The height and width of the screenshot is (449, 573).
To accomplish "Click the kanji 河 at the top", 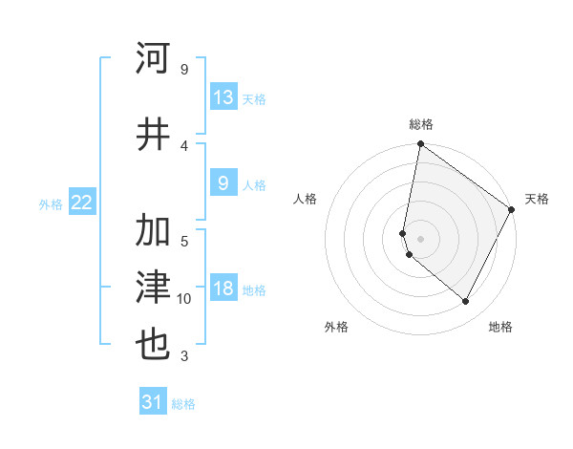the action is pos(154,58).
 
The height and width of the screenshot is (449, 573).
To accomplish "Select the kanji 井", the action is pos(154,134).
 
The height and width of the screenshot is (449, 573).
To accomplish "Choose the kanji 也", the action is pos(154,344).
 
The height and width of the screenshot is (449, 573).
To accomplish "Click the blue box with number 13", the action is pos(223,97).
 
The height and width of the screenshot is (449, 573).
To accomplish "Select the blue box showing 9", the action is pos(223,184).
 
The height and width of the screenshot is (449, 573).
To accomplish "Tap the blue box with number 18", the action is pos(223,289).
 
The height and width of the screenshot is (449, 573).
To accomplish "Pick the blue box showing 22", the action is pos(82,203).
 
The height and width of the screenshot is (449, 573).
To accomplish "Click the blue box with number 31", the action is pos(153,403).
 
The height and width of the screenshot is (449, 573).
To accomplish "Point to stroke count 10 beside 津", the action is pos(184,299).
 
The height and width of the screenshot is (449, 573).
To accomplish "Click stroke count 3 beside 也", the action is pos(184,356).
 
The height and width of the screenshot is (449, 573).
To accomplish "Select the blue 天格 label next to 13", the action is pos(254,99).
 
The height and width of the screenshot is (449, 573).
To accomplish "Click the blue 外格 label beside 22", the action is pos(51,203).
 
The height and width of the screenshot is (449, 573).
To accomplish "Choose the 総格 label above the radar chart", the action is pos(421,124).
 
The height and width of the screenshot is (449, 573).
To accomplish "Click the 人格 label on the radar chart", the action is pos(306,199).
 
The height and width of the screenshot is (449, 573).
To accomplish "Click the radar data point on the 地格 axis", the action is pos(466,302).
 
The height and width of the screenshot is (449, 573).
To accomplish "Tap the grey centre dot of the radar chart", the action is pos(421,238).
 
